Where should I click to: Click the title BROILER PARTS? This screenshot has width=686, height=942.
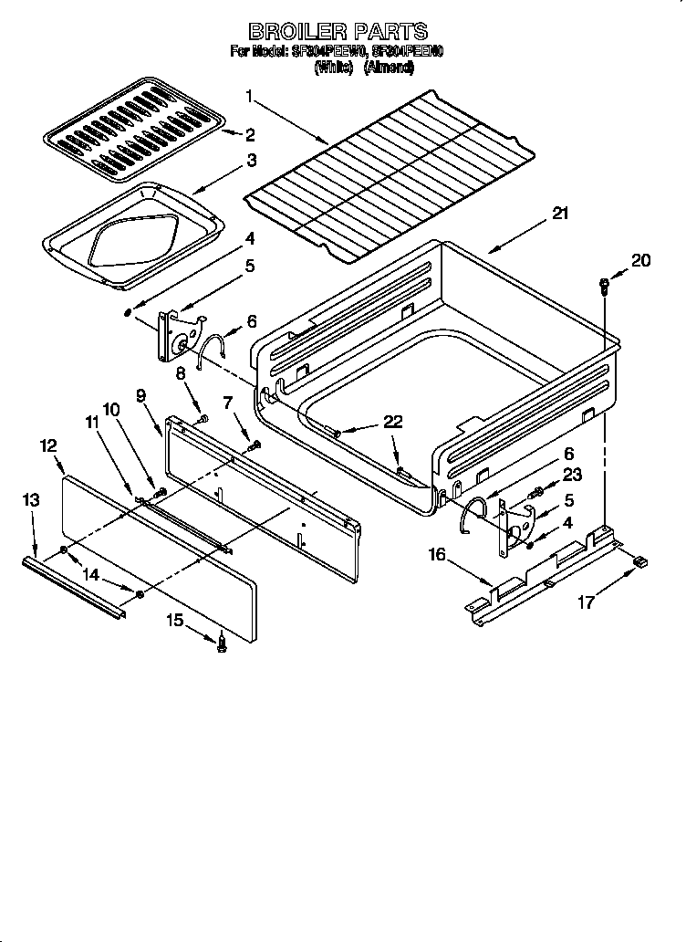click(338, 32)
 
